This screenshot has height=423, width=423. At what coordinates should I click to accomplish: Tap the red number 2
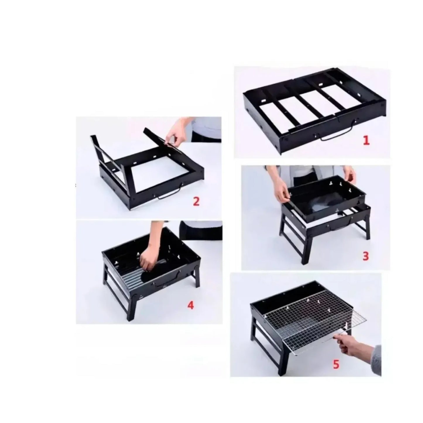point(196,201)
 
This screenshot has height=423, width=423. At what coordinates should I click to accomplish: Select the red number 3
point(365,256)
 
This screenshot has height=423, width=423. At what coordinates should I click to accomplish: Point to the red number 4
point(190,305)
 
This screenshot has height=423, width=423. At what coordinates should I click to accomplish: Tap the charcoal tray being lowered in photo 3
point(325,199)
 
